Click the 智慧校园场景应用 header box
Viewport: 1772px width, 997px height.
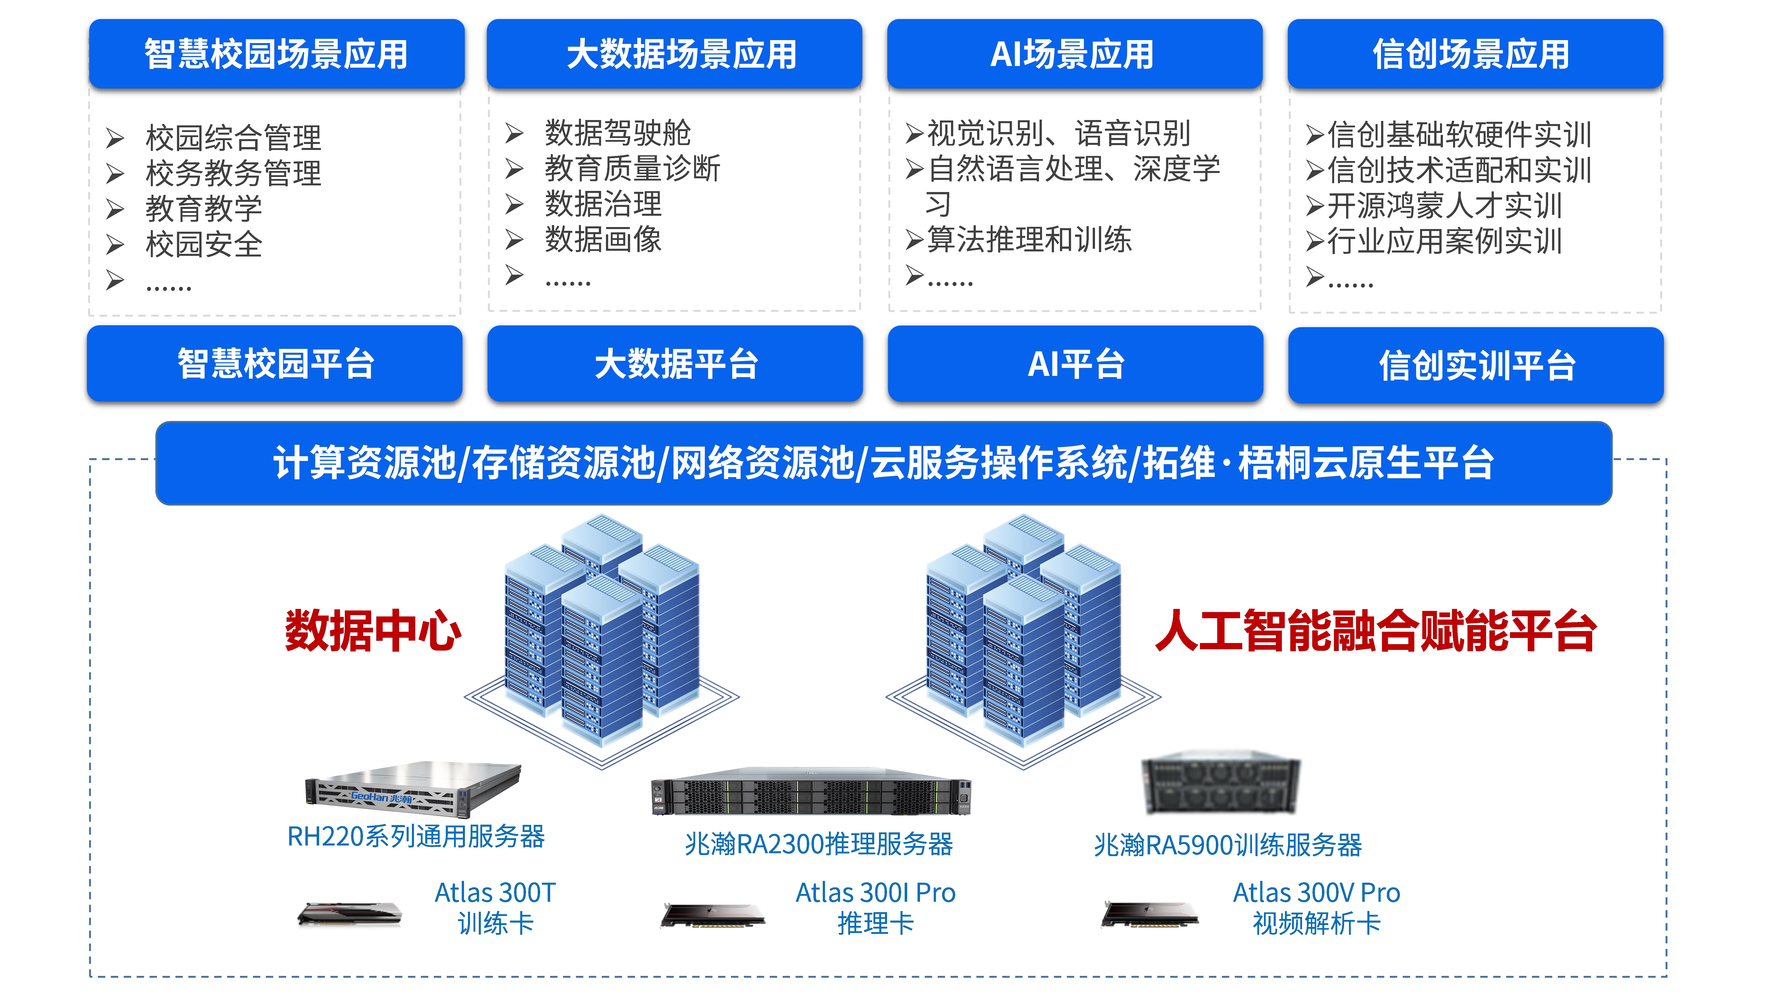point(277,54)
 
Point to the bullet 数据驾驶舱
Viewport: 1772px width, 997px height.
point(617,133)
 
